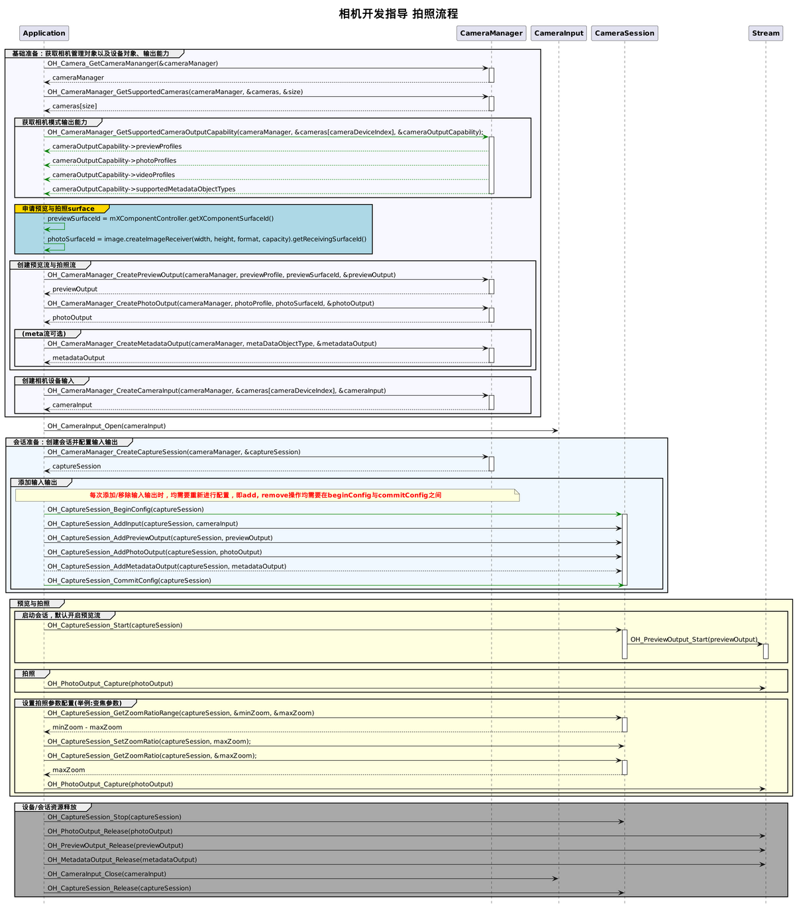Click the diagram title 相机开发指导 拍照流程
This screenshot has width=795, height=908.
click(x=397, y=14)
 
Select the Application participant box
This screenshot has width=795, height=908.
click(x=44, y=33)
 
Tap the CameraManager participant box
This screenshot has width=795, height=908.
click(x=491, y=33)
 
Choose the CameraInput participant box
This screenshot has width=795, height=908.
click(x=558, y=33)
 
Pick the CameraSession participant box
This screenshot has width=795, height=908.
click(x=624, y=33)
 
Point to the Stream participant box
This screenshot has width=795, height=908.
click(x=765, y=33)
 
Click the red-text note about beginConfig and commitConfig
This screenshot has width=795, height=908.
click(x=266, y=495)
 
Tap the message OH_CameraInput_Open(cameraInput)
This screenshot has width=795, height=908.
click(x=107, y=426)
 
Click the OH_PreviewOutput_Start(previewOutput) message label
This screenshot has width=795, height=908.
click(x=694, y=640)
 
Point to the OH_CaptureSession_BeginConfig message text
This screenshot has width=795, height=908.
click(x=126, y=510)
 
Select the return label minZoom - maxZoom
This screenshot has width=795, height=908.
click(x=87, y=727)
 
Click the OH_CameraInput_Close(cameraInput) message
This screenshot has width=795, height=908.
click(x=107, y=874)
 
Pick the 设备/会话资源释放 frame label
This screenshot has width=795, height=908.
click(x=50, y=807)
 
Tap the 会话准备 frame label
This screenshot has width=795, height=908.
click(x=66, y=442)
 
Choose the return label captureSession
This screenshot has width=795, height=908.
click(x=77, y=467)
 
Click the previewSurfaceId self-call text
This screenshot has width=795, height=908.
click(x=160, y=219)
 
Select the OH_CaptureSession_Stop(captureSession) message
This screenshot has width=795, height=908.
click(x=115, y=817)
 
